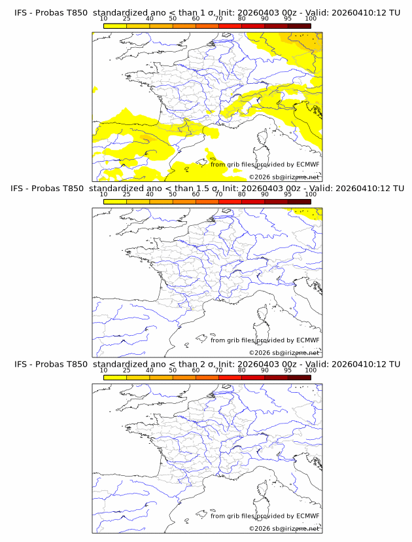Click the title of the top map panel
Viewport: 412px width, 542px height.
pos(207,13)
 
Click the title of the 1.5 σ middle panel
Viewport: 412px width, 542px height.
pos(207,189)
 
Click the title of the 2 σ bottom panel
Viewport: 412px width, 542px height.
pos(207,364)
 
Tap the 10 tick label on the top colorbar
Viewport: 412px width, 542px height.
pos(104,20)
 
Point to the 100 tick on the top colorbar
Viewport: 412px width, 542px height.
pos(311,20)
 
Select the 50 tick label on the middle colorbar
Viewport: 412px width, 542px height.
pos(173,195)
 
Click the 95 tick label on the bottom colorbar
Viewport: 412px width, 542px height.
pos(288,370)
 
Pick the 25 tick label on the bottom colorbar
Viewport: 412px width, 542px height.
pos(127,370)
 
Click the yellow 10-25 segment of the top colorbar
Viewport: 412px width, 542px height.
pos(115,26)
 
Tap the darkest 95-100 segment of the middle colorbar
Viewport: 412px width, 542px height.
pos(299,202)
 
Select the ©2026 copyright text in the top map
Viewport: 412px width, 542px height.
pos(284,177)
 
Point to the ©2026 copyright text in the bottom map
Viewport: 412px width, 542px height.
pos(284,528)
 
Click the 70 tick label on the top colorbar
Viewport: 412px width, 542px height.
pos(218,20)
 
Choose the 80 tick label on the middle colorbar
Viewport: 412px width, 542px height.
pos(242,195)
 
